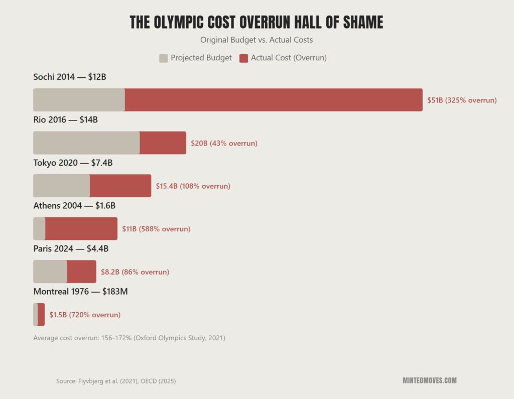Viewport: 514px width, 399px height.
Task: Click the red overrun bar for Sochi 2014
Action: [x=274, y=100]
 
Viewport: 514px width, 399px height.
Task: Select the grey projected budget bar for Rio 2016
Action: [x=86, y=143]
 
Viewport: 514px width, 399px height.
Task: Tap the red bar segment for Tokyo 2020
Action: [x=120, y=186]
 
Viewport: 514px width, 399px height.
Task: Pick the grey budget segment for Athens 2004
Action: [x=39, y=229]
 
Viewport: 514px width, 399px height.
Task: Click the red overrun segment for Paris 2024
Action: [x=81, y=272]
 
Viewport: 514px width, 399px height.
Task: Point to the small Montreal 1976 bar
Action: [x=39, y=315]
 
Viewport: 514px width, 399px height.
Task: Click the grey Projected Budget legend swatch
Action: [x=164, y=58]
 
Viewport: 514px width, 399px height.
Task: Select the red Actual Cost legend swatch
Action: [x=243, y=58]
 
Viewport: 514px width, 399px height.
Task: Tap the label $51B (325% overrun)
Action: [x=462, y=100]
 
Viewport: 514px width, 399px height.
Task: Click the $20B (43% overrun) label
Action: [x=224, y=143]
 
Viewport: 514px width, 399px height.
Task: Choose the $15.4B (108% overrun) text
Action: [x=193, y=186]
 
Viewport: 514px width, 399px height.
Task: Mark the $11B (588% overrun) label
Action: [x=156, y=229]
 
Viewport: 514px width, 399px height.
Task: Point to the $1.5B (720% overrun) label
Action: [x=85, y=315]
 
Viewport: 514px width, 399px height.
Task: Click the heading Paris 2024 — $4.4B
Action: [x=71, y=248]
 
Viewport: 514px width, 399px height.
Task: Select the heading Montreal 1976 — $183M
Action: [x=80, y=291]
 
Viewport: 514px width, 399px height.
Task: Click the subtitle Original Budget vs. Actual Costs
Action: [x=256, y=40]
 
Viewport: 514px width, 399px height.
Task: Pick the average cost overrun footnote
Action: [x=129, y=338]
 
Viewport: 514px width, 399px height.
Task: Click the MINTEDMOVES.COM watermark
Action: [x=429, y=380]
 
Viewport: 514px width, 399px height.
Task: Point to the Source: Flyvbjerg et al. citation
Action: [x=116, y=381]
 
